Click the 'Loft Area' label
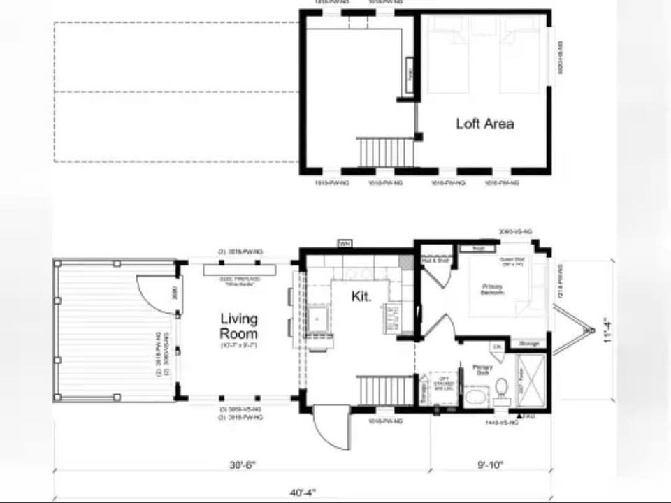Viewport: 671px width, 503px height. [x=484, y=124]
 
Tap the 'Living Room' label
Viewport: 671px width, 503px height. [x=239, y=326]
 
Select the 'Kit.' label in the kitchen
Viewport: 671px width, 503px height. [x=361, y=296]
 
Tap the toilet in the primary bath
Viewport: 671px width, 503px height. [x=501, y=389]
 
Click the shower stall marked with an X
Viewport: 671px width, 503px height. [x=531, y=381]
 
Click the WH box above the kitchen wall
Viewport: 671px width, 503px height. [x=345, y=244]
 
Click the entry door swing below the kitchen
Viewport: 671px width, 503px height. [x=330, y=428]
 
